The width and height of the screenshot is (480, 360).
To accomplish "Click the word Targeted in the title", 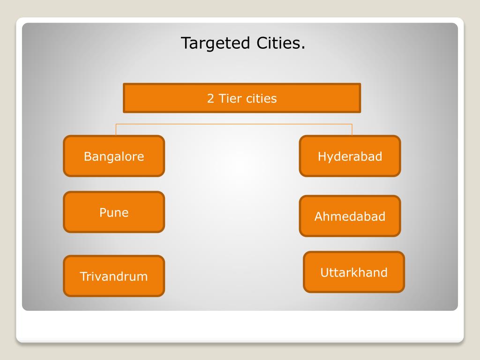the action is coord(216,44).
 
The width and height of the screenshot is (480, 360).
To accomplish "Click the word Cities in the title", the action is coord(280,44).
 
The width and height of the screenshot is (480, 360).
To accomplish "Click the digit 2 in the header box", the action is coord(211,98).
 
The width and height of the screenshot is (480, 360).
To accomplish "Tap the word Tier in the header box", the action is coord(229,98).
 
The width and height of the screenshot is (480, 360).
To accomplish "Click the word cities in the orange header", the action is coord(260,98).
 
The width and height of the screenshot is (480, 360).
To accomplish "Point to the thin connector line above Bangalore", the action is coord(116,130).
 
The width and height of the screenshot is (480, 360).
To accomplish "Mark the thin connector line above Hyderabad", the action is coord(352,130).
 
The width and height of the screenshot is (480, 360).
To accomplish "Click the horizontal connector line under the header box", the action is coord(234,124).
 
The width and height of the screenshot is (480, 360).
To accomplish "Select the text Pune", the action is coord(114,212).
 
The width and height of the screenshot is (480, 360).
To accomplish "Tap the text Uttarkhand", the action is coord(354,272).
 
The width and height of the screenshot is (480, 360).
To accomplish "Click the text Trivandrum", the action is coord(114,276).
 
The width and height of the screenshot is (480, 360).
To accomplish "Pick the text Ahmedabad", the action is coord(350,217).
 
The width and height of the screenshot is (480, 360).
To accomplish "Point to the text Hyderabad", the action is coord(350,156).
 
